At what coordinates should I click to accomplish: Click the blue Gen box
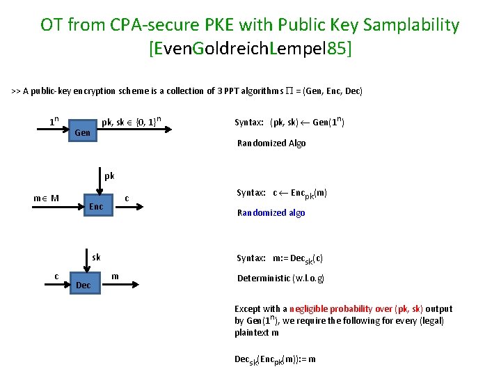click(82, 132)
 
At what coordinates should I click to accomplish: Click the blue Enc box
click(96, 206)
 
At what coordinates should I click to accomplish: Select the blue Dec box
click(83, 285)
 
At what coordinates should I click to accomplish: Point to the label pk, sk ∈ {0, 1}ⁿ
click(132, 122)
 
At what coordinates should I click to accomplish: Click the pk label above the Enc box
click(109, 175)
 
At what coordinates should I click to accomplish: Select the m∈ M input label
click(45, 198)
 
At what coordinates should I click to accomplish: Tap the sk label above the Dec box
click(97, 257)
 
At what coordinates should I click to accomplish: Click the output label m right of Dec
click(115, 276)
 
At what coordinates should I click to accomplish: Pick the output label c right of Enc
click(127, 199)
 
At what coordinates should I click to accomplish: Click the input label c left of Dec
click(56, 276)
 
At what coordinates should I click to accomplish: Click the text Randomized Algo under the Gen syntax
click(271, 143)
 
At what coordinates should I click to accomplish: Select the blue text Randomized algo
click(271, 212)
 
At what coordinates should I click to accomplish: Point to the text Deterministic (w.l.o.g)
click(280, 278)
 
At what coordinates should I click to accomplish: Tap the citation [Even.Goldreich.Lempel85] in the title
click(250, 49)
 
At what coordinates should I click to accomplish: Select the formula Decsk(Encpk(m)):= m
click(275, 359)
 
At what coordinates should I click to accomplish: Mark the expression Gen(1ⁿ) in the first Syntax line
click(328, 122)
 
